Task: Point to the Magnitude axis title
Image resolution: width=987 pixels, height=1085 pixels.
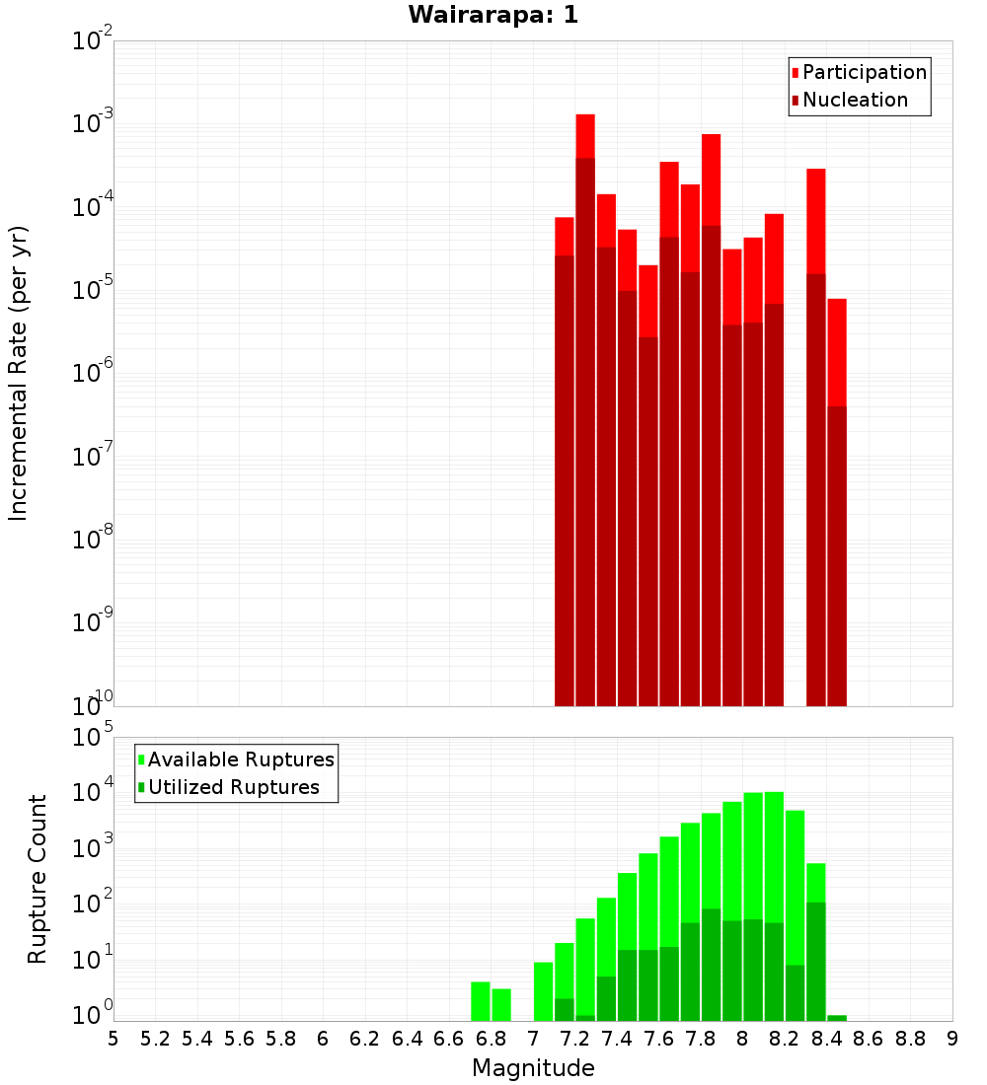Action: click(x=533, y=1068)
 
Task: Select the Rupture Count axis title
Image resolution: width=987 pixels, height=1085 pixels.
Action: click(x=38, y=879)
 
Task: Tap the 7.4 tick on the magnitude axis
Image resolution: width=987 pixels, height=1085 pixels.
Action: click(x=617, y=1039)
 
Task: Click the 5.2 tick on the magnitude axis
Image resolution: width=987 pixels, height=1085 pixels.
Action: click(x=156, y=1039)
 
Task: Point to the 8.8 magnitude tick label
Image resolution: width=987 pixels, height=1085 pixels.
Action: click(x=910, y=1039)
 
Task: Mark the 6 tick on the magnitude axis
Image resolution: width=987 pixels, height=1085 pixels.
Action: click(x=323, y=1039)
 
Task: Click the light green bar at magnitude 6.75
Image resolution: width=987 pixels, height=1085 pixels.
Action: click(x=481, y=1001)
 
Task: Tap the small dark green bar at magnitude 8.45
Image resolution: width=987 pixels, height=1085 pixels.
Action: click(x=837, y=1018)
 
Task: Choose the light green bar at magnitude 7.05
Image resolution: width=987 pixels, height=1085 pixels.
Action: click(x=543, y=991)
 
